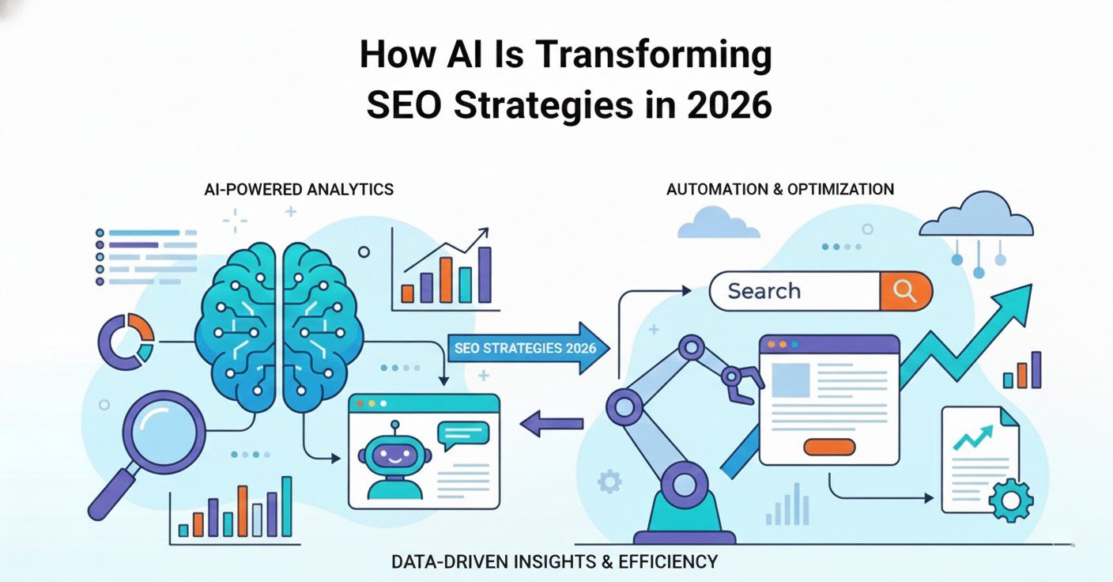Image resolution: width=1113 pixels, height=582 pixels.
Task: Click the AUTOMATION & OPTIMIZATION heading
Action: (780, 190)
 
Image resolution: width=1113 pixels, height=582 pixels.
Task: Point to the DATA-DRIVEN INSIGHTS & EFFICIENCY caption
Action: (555, 562)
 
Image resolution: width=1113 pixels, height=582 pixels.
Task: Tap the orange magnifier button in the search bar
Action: (905, 292)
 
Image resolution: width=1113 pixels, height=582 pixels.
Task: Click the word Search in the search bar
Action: (764, 292)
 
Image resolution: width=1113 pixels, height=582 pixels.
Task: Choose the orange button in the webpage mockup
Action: (828, 446)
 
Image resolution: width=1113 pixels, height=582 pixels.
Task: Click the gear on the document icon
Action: (1010, 500)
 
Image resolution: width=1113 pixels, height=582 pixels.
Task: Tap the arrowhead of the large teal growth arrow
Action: (1015, 304)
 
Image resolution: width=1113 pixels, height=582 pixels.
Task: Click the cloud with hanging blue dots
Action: (975, 217)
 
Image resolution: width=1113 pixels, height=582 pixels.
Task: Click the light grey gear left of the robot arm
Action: (609, 481)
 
